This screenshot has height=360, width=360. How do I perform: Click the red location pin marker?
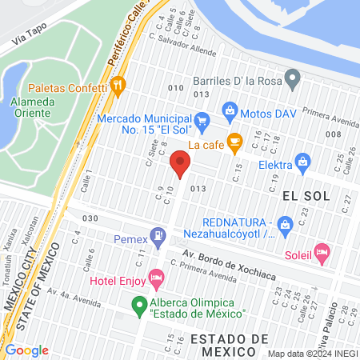180,166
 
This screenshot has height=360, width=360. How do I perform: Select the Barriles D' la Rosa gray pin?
293,80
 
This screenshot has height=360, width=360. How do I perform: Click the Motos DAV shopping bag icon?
230,109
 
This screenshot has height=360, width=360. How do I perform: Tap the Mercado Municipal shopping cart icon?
202,122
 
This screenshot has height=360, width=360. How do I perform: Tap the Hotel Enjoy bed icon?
157,279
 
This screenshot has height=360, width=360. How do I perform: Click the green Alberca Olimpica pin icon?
139,304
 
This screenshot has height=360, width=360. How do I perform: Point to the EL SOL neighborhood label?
302,194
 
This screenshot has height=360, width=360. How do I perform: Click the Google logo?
27,350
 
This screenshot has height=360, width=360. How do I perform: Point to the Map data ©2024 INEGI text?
311,354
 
